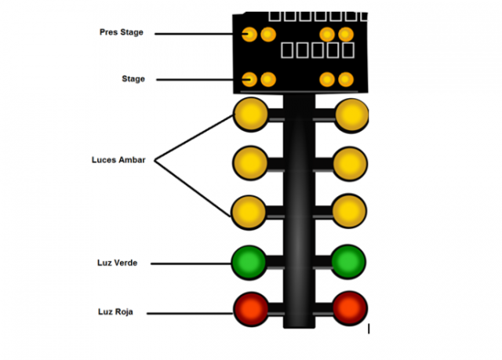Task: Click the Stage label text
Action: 133,79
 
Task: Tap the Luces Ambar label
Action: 118,161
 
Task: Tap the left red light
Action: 250,308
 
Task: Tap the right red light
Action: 349,308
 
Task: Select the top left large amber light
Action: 250,115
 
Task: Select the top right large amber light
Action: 351,115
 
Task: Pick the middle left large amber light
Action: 250,163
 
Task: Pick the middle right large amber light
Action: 349,163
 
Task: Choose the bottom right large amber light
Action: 349,211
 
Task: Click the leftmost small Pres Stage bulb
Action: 249,34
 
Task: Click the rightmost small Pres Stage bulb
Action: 345,34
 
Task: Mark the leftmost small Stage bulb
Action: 249,79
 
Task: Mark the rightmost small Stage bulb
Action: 345,79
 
